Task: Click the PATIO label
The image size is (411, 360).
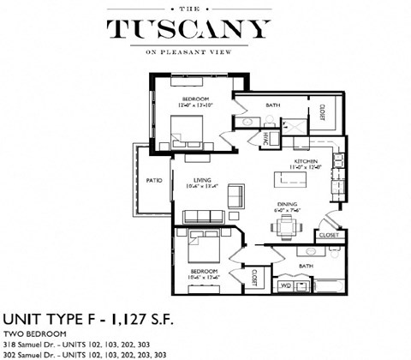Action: pos(154,181)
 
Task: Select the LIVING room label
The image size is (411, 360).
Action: pos(203,180)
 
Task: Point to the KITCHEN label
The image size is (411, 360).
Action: pos(306,161)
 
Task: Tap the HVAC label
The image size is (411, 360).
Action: pos(266,137)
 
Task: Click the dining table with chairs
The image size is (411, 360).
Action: pos(285,225)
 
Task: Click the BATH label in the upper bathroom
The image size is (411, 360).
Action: pos(273,106)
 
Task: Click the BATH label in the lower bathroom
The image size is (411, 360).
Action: pos(306,267)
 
